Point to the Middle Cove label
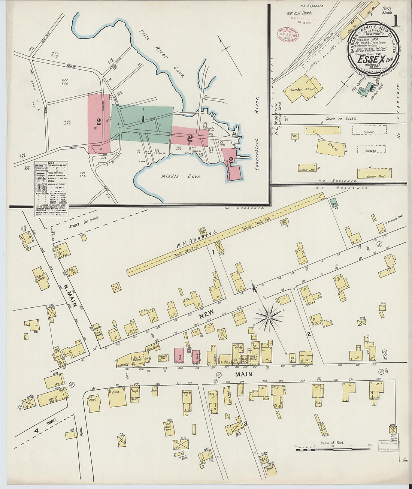(181, 176)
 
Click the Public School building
(41, 278)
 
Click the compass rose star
(269, 318)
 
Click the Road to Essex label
(341, 119)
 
